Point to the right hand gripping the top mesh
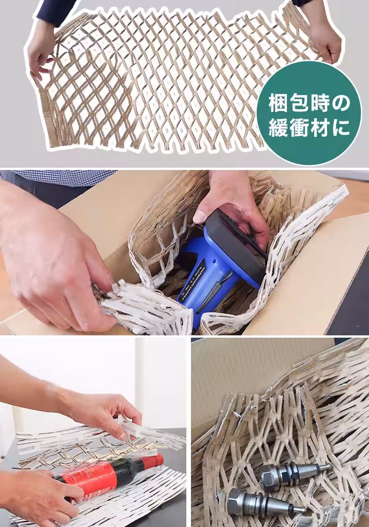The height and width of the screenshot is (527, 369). coord(325,39)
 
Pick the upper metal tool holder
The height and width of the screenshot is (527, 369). coord(291,474)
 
